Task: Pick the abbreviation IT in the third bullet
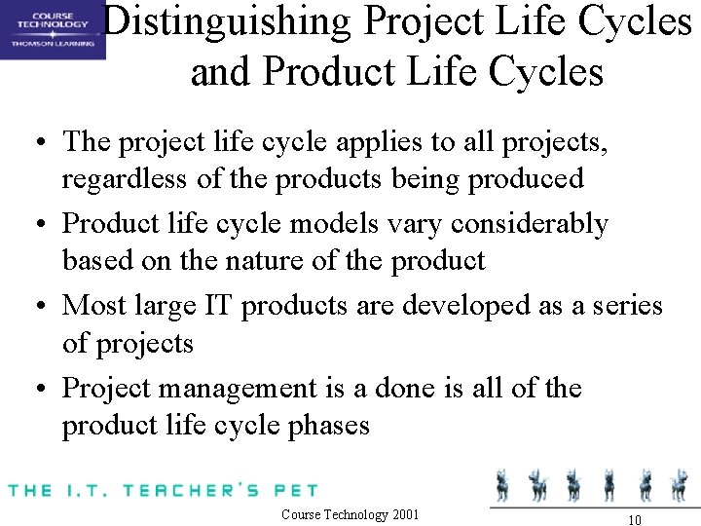pyautogui.click(x=216, y=305)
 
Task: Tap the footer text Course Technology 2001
pyautogui.click(x=350, y=513)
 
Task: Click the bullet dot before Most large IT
pyautogui.click(x=41, y=307)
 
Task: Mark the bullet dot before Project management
pyautogui.click(x=41, y=390)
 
